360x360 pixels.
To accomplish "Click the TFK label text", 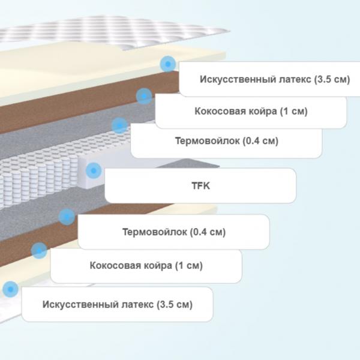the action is (200, 185).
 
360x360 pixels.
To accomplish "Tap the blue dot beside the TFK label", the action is (94, 170).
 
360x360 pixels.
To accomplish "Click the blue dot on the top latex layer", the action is (168, 64).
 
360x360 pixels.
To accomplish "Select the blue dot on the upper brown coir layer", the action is (144, 96).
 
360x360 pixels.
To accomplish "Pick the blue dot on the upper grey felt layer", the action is (119, 125).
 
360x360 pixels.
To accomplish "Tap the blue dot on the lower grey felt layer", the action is (67, 217).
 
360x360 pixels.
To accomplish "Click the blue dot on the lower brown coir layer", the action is (39, 250).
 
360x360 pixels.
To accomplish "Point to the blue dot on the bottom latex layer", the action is (10, 289).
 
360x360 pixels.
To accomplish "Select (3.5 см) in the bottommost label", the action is (175, 304).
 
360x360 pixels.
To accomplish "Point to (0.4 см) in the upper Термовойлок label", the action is (260, 141).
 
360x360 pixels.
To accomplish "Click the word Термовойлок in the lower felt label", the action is (155, 232).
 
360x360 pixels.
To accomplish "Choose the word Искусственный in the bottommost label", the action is (80, 304).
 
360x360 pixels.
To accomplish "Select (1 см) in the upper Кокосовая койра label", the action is (293, 112).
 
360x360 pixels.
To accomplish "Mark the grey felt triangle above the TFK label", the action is (188, 163).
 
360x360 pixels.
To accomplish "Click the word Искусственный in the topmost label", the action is (238, 79).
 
